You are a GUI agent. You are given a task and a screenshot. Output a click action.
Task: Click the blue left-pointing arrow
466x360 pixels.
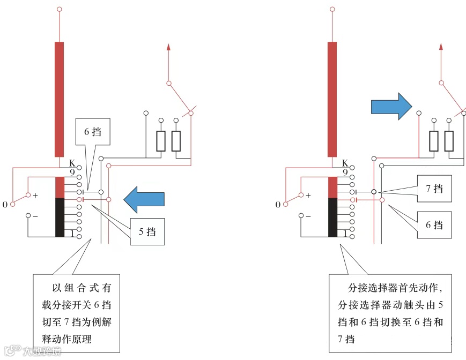click(x=143, y=198)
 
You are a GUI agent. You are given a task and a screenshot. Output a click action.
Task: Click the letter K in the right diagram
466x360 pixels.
click(x=344, y=163)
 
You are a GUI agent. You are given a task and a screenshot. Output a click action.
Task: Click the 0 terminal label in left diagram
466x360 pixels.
click(x=5, y=205)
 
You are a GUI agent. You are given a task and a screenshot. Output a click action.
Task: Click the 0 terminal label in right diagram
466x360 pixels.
click(x=278, y=205)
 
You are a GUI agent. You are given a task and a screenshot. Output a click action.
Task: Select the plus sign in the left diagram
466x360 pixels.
click(x=35, y=196)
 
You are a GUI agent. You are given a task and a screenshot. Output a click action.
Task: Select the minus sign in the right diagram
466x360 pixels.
click(x=308, y=216)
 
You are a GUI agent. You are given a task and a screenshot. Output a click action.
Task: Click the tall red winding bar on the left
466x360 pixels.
click(x=59, y=99)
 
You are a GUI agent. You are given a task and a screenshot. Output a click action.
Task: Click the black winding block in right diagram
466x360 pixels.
click(x=332, y=217)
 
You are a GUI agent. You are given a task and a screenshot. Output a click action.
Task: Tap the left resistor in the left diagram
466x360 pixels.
click(x=161, y=141)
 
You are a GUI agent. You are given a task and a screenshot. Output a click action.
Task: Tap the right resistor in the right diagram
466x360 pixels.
click(x=449, y=141)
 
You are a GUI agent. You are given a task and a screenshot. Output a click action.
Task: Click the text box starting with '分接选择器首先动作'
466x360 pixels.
click(x=390, y=313)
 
